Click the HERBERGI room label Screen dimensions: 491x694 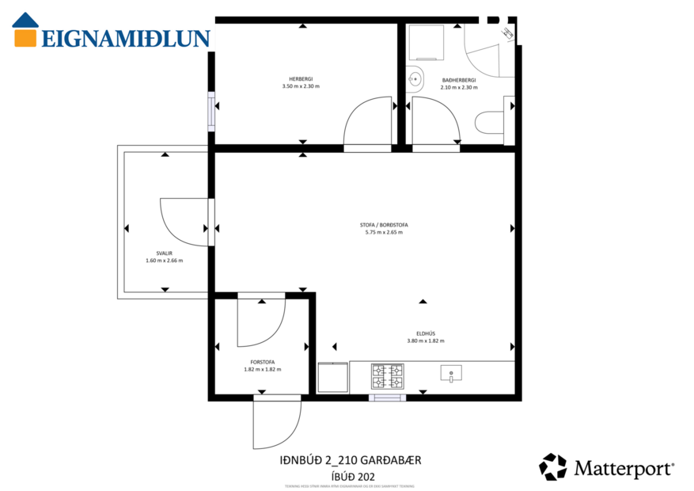tap(301, 78)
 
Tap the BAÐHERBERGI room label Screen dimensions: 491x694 tap(459, 80)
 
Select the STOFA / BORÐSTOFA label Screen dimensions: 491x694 tap(384, 225)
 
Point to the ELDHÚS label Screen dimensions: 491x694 tap(426, 333)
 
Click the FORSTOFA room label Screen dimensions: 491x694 tap(263, 362)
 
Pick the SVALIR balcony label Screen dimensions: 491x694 tap(164, 253)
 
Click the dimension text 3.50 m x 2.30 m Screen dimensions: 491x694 tap(301, 86)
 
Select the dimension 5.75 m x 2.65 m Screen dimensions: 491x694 tap(384, 233)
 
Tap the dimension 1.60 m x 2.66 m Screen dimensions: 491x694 tap(164, 261)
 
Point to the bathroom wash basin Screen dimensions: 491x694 tap(416, 78)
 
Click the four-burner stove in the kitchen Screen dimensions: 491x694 tap(387, 376)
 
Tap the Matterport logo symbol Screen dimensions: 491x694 tap(552, 466)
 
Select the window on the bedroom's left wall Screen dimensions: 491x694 tap(211, 112)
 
